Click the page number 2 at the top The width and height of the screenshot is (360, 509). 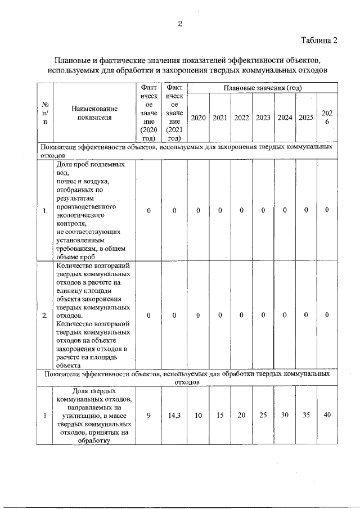point(179,23)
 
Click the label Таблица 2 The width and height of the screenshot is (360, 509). point(318,40)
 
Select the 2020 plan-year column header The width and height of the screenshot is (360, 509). point(198,118)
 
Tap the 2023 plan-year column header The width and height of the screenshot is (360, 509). point(263,118)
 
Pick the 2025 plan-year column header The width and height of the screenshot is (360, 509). point(306,118)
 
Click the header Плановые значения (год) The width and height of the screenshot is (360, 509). point(263,88)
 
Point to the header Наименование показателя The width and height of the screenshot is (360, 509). point(94,112)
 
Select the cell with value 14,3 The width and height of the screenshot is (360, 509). point(174,416)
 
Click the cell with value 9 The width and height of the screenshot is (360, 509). point(148,416)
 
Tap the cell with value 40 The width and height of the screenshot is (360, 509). point(327,416)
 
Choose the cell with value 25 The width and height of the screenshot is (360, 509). point(263,416)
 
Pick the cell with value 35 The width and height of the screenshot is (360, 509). point(306,416)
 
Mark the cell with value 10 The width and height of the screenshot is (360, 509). point(198,416)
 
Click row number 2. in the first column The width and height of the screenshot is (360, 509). point(44,315)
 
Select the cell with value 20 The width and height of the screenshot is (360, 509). point(241,416)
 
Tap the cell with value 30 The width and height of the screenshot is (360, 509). point(285,416)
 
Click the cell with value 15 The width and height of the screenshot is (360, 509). point(220,416)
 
